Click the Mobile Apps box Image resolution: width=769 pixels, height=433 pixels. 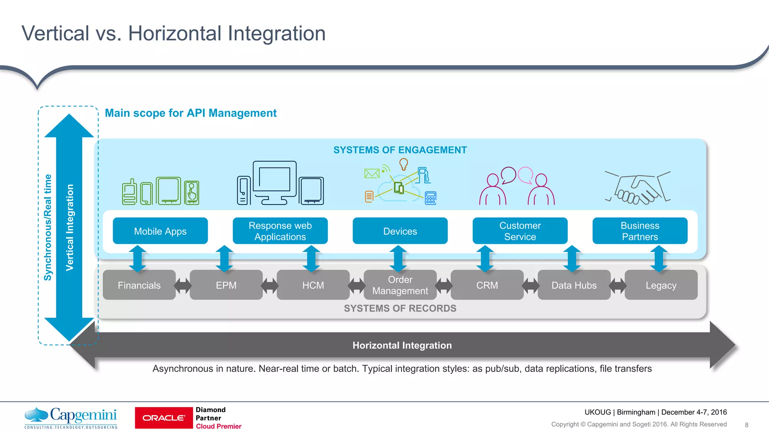tap(160, 231)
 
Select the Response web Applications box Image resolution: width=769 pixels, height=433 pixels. tap(280, 231)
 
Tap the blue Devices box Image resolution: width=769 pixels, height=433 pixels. tap(400, 231)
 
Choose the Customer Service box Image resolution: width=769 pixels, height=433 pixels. tap(520, 231)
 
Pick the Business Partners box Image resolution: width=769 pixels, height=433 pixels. tap(640, 231)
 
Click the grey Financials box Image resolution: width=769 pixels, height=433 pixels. tap(139, 285)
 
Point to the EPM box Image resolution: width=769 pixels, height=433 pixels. tap(226, 285)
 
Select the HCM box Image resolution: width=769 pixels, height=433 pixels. tap(313, 285)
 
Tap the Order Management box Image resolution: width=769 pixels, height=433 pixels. tap(400, 285)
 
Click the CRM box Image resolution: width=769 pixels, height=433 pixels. tap(487, 285)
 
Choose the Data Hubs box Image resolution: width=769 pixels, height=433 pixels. tap(574, 285)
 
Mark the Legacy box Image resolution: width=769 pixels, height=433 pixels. tap(661, 285)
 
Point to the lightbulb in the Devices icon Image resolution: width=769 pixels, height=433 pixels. tap(404, 164)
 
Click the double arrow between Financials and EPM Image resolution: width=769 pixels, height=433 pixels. tap(183, 286)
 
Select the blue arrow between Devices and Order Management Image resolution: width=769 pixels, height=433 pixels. tap(398, 259)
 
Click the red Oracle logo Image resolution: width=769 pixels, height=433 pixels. tap(164, 418)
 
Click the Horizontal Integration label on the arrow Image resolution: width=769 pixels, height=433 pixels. tap(402, 345)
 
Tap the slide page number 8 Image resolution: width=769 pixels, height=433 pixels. tap(746, 425)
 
